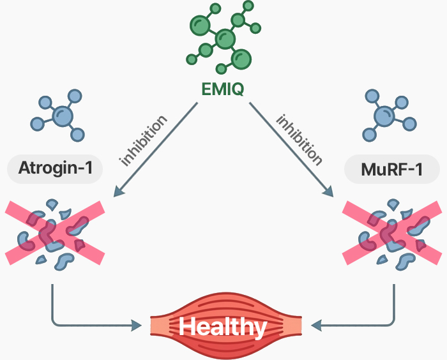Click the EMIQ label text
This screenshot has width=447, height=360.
tap(223, 89)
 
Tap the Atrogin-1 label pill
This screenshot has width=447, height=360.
tap(55, 170)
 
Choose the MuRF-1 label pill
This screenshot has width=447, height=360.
tap(391, 170)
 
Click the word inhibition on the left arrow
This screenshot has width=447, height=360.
tap(144, 140)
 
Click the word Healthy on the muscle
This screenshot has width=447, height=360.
tap(223, 327)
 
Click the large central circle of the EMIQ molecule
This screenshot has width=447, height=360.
tap(224, 40)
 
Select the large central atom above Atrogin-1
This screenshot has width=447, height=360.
tap(62, 116)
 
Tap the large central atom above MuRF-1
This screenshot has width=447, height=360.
tap(384, 116)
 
